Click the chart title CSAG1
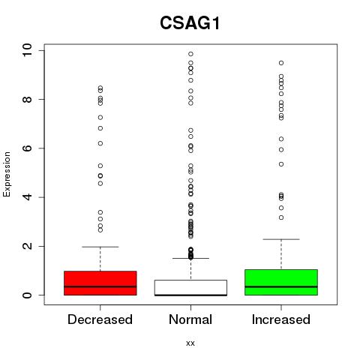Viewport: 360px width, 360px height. [x=190, y=23]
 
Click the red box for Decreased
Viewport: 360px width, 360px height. [x=100, y=283]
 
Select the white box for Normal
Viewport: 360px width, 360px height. [x=190, y=288]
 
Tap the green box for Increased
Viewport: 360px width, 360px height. [x=281, y=282]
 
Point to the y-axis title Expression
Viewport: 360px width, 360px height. [x=7, y=174]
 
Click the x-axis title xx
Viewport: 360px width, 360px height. [x=190, y=343]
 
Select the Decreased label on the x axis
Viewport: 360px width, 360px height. [x=100, y=319]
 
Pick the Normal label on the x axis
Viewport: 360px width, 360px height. [x=190, y=319]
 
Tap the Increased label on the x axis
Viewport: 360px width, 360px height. [x=281, y=319]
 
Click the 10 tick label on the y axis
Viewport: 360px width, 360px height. [x=27, y=50]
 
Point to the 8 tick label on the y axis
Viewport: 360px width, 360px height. [x=27, y=99]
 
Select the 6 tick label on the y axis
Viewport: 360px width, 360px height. [x=27, y=148]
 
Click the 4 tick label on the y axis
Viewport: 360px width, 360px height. [x=27, y=197]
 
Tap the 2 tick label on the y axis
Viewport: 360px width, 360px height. [x=27, y=246]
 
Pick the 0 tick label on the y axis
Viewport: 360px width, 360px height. [x=27, y=295]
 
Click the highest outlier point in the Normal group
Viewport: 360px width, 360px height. [x=190, y=54]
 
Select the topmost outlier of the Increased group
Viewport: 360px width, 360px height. [x=281, y=63]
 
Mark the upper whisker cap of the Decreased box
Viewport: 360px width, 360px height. [x=100, y=247]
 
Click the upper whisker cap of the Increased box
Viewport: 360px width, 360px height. [x=281, y=239]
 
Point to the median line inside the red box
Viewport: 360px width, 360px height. [x=100, y=286]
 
